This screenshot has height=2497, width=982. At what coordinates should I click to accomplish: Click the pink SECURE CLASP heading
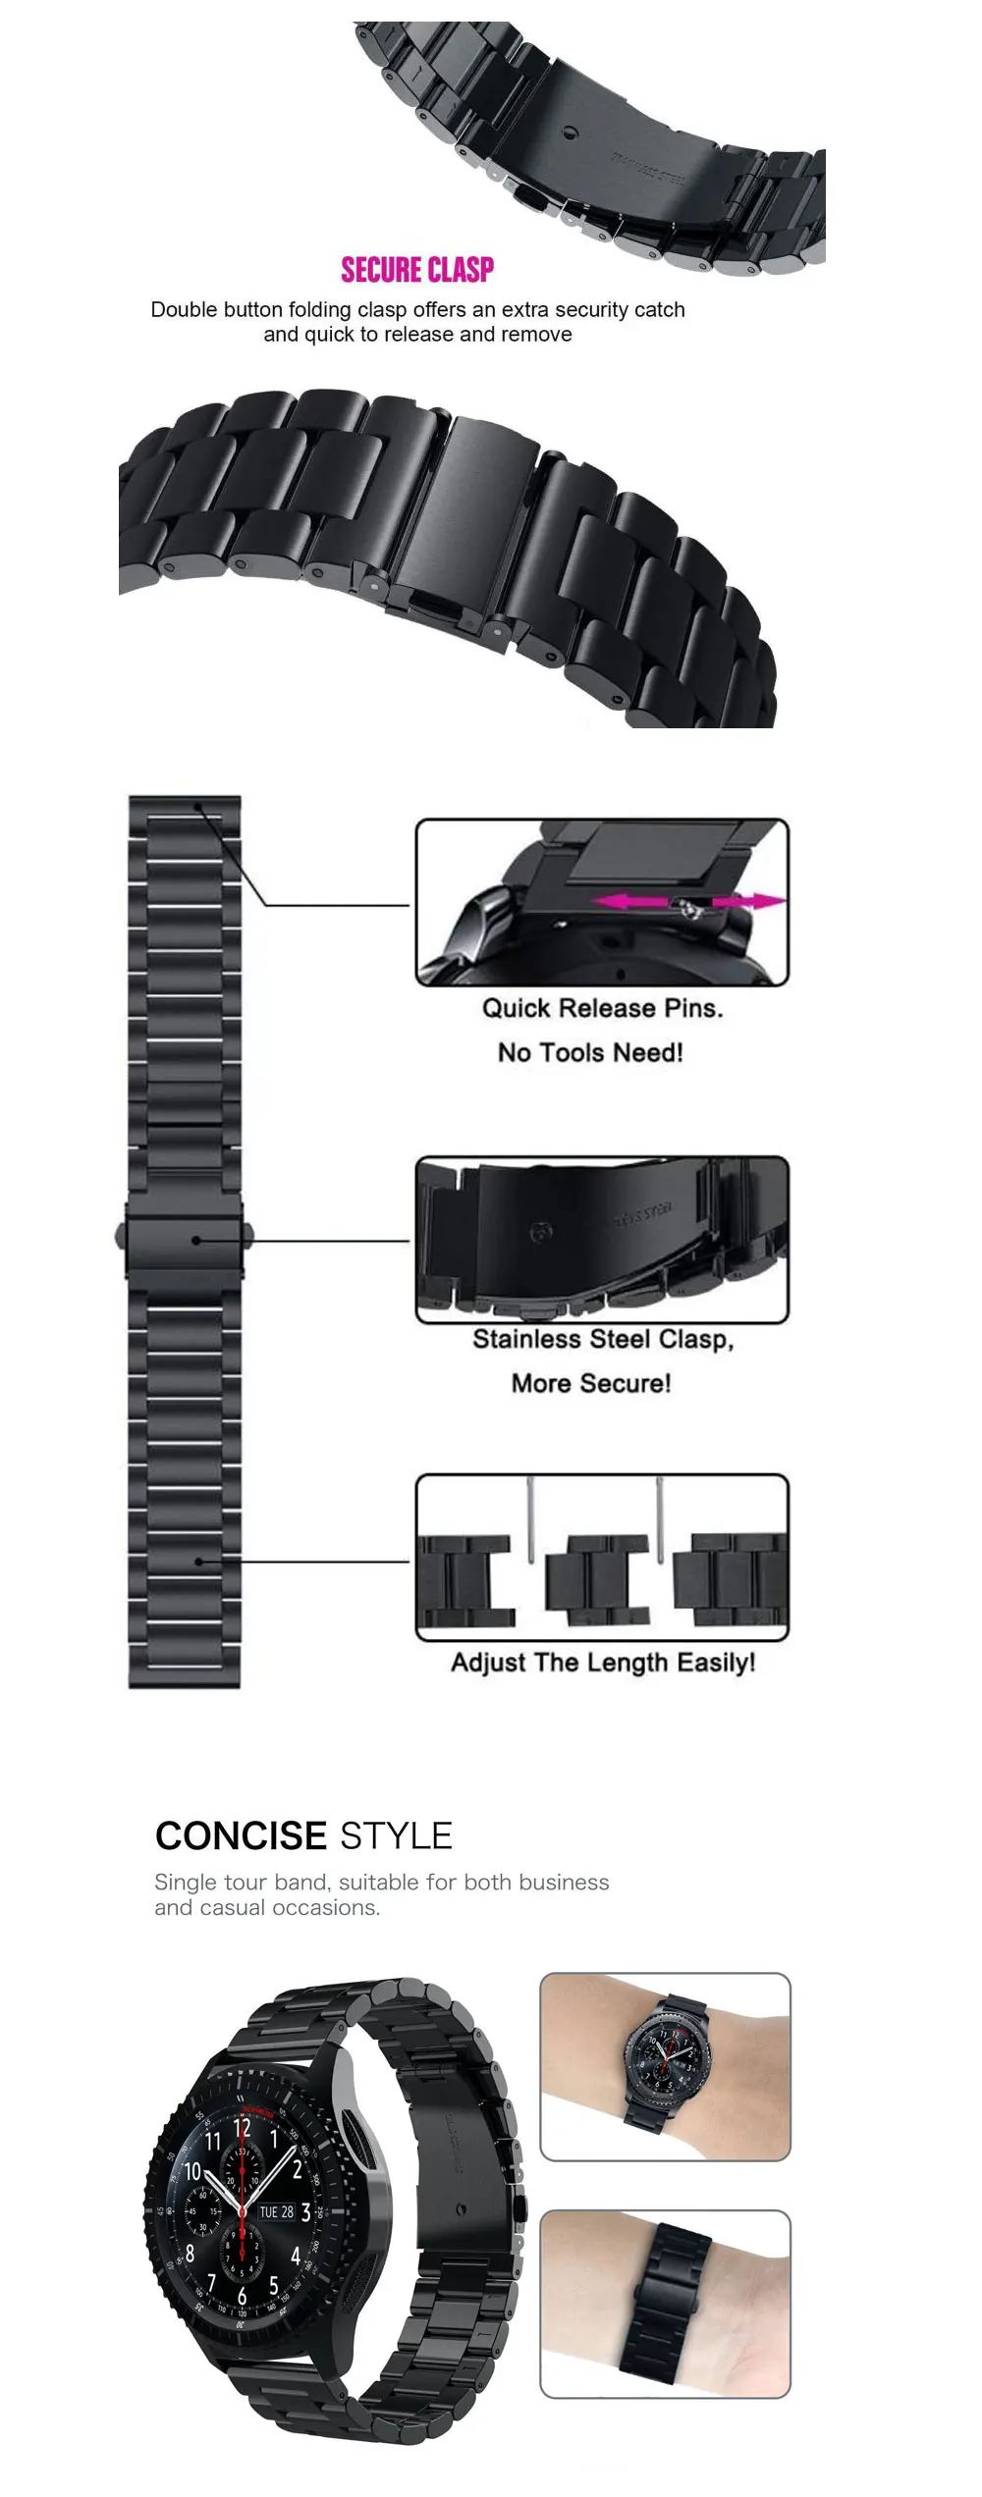pyautogui.click(x=417, y=270)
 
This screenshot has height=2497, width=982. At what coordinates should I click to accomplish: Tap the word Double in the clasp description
pyautogui.click(x=182, y=310)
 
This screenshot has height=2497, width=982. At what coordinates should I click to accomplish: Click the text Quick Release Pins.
pyautogui.click(x=602, y=1008)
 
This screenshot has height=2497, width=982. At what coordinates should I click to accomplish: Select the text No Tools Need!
pyautogui.click(x=590, y=1052)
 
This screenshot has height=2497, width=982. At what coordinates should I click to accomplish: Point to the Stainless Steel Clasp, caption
pyautogui.click(x=603, y=1339)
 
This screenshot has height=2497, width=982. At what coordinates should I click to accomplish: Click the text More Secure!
pyautogui.click(x=591, y=1383)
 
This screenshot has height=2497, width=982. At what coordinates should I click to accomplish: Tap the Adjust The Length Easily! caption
pyautogui.click(x=603, y=1663)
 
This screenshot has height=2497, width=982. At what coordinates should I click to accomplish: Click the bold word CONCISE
pyautogui.click(x=241, y=1835)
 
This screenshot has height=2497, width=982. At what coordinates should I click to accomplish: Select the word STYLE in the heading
pyautogui.click(x=396, y=1835)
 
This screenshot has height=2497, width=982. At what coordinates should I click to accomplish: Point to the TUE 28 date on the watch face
pyautogui.click(x=276, y=2212)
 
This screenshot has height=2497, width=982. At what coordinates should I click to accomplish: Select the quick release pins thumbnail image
pyautogui.click(x=602, y=902)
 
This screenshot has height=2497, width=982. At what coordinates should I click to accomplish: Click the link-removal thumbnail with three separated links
pyautogui.click(x=602, y=1558)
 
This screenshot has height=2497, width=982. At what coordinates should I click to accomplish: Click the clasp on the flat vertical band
pyautogui.click(x=186, y=1241)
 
